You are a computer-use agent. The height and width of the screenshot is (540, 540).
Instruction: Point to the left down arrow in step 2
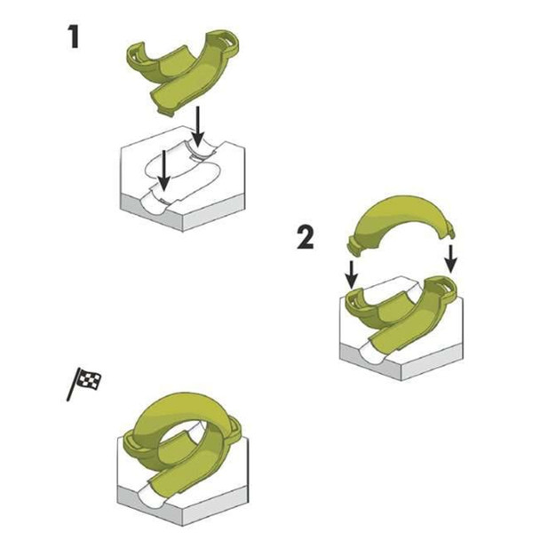[351, 271]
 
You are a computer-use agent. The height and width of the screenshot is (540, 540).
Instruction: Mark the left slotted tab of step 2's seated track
[353, 299]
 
